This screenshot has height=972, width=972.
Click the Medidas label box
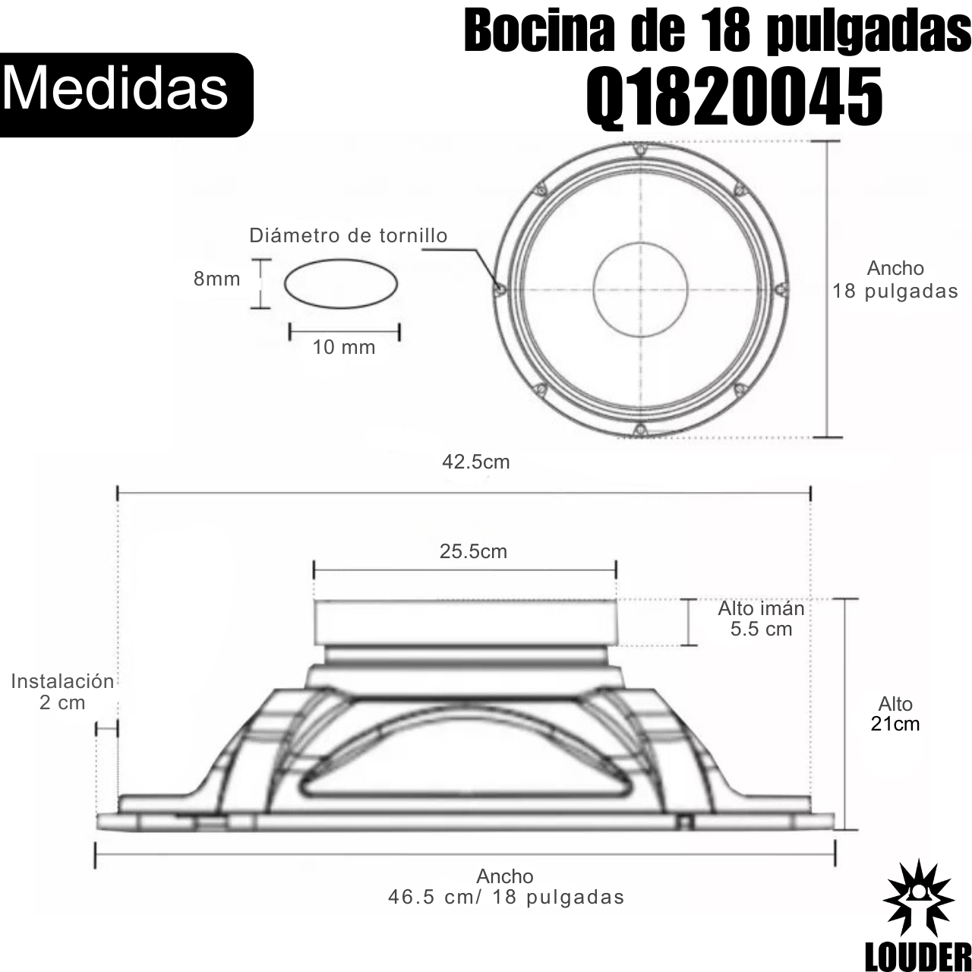click(x=126, y=94)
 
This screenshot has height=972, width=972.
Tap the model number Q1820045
click(x=734, y=99)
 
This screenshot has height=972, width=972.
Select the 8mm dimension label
click(x=217, y=279)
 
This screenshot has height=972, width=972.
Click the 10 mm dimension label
click(x=344, y=347)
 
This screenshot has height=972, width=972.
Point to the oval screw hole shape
click(x=341, y=283)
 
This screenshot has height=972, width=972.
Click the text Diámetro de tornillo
click(x=349, y=235)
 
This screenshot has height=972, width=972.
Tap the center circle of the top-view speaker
click(x=641, y=289)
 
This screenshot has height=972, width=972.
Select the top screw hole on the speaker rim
click(x=640, y=149)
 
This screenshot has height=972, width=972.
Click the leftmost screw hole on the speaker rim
click(x=500, y=289)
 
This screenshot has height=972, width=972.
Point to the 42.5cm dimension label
click(x=475, y=462)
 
